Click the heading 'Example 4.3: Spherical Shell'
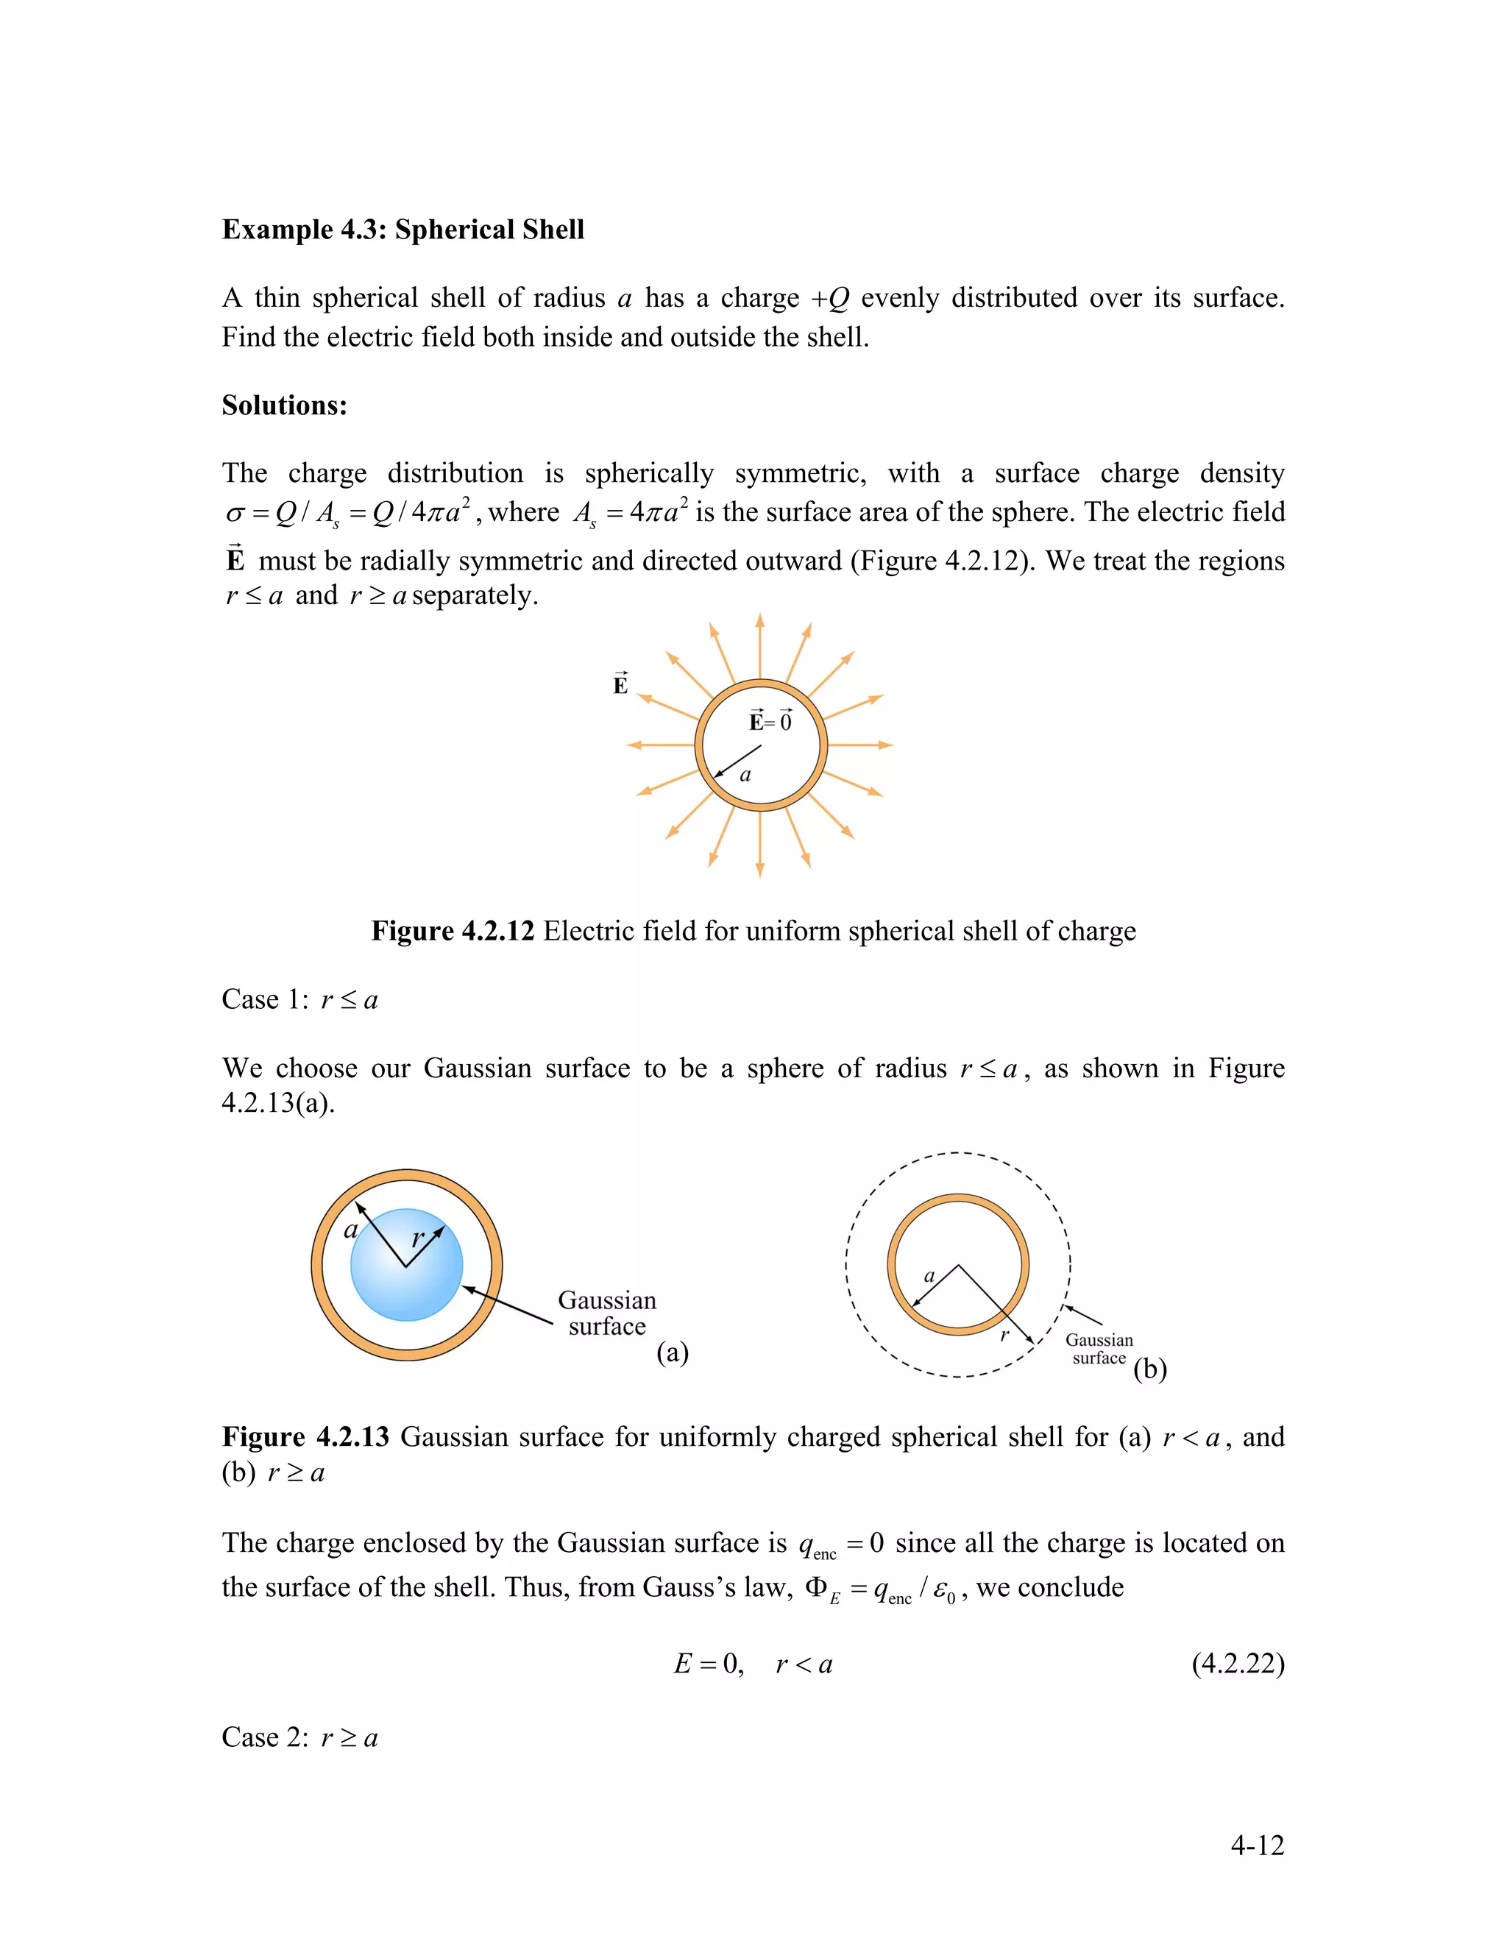tap(403, 230)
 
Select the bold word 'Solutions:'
tap(284, 405)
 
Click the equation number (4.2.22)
tap(1238, 1664)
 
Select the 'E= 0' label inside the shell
tap(770, 721)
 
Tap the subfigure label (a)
tap(673, 1352)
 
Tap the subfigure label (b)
tap(1150, 1369)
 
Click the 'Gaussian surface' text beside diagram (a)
tap(607, 1313)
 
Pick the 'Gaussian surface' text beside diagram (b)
tap(1099, 1348)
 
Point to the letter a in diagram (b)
tap(929, 1276)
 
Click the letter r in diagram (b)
tap(1004, 1335)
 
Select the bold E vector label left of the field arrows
tap(620, 685)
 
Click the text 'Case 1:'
tap(264, 999)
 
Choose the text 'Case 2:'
tap(264, 1737)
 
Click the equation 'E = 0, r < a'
tap(753, 1664)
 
